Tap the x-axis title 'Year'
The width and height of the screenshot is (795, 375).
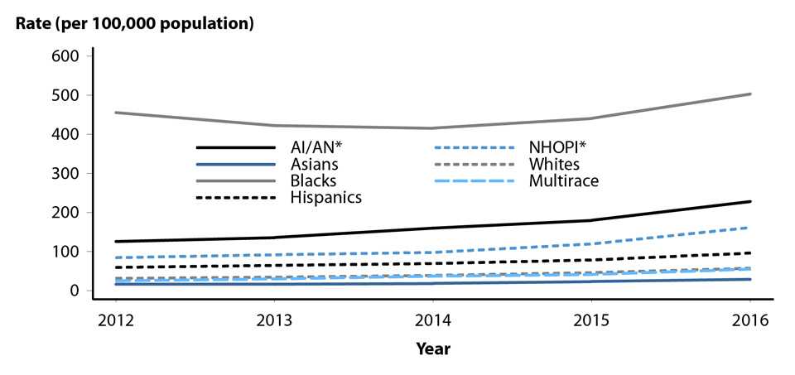point(433,349)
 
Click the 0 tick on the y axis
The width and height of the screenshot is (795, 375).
point(74,291)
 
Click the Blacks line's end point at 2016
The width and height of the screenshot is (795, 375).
point(750,94)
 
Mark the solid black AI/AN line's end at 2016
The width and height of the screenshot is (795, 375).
point(750,201)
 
